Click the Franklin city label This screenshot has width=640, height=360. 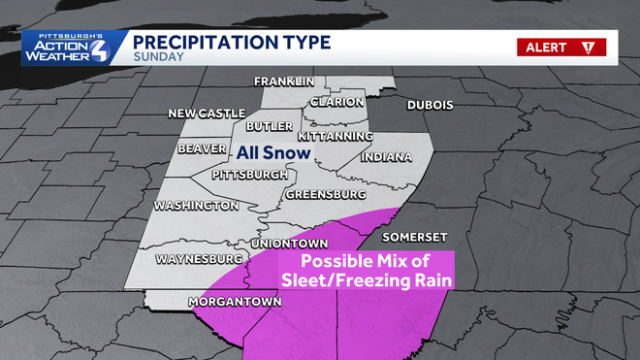click(x=283, y=81)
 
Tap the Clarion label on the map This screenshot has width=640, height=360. click(x=337, y=102)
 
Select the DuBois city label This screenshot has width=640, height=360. click(x=431, y=105)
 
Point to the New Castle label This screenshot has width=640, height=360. click(x=207, y=114)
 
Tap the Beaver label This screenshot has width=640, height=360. click(x=202, y=149)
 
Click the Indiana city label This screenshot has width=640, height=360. click(x=386, y=157)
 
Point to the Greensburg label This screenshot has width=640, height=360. click(x=325, y=195)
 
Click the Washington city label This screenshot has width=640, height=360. click(x=195, y=207)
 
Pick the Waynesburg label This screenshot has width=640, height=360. click(x=198, y=260)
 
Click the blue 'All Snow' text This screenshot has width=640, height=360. click(x=273, y=153)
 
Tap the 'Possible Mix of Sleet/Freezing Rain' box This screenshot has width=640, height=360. click(x=367, y=271)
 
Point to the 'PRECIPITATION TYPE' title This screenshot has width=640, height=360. click(x=231, y=42)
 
